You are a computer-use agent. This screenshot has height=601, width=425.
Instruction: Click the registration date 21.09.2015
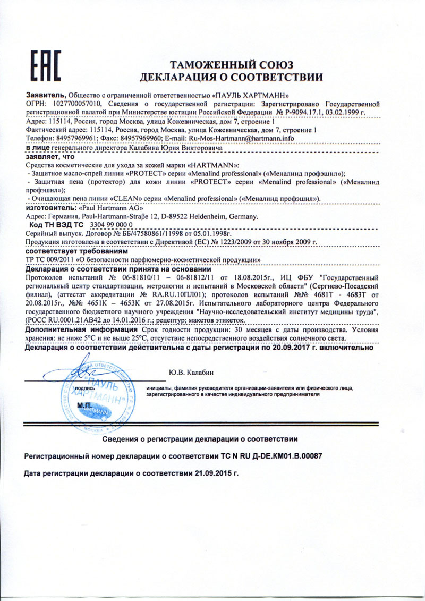pyautogui.click(x=212, y=472)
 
